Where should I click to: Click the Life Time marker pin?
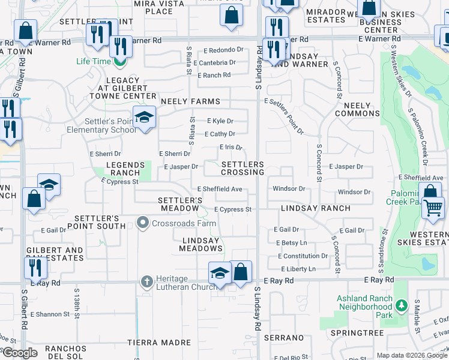(121, 61)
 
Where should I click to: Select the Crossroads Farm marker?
(143, 224)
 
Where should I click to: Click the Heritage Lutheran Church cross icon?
(146, 281)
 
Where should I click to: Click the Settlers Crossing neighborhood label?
(243, 168)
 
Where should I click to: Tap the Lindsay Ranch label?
(316, 208)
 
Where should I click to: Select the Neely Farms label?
(190, 101)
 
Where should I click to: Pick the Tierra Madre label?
(159, 343)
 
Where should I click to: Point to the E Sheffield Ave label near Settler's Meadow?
(220, 189)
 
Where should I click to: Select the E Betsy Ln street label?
(292, 243)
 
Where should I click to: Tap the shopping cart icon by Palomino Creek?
(433, 208)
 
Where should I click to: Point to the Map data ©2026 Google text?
(411, 355)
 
